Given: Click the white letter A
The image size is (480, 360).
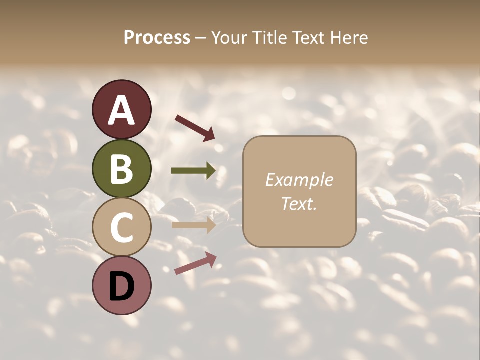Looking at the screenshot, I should click(121, 111).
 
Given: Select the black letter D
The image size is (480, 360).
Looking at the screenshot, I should click(121, 286).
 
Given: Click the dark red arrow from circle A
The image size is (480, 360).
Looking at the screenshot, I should click(195, 127).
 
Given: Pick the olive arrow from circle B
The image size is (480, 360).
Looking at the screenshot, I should click(193, 171).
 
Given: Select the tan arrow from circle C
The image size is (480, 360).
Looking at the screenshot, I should click(193, 225).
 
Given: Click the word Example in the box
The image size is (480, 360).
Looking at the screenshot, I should click(299, 180).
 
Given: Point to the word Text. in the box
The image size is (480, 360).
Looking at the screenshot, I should click(299, 203).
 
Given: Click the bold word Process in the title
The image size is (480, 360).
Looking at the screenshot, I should click(157, 38).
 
